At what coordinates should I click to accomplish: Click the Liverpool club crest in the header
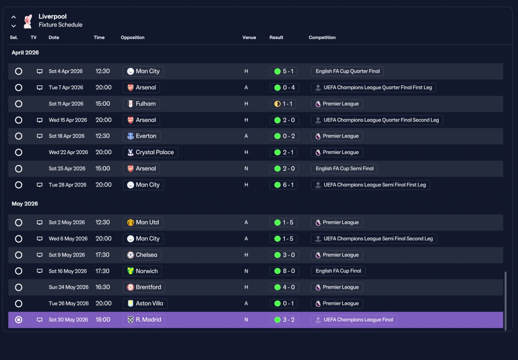tap(28, 21)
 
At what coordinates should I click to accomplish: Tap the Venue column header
tap(249, 38)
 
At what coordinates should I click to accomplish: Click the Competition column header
tap(322, 38)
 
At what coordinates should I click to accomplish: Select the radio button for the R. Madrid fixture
tap(19, 320)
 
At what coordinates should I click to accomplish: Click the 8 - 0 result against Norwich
tap(284, 271)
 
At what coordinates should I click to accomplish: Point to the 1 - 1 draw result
tap(283, 104)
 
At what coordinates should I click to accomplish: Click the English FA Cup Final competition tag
tap(338, 271)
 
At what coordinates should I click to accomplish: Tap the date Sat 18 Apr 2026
tap(66, 136)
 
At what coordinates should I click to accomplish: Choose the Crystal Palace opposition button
tap(150, 152)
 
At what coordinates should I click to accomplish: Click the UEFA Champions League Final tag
tap(354, 320)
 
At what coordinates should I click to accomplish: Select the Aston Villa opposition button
tap(145, 303)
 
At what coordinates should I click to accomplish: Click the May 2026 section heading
tap(25, 203)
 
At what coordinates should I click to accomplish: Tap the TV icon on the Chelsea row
tap(40, 255)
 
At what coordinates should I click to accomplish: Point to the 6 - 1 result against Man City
tap(284, 185)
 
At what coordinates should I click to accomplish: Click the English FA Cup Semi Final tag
tap(344, 169)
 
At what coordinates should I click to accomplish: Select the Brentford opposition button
tap(144, 287)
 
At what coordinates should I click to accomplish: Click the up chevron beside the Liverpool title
tap(14, 17)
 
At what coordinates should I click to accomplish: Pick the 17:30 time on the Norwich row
tap(102, 271)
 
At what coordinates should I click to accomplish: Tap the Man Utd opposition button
tap(143, 222)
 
